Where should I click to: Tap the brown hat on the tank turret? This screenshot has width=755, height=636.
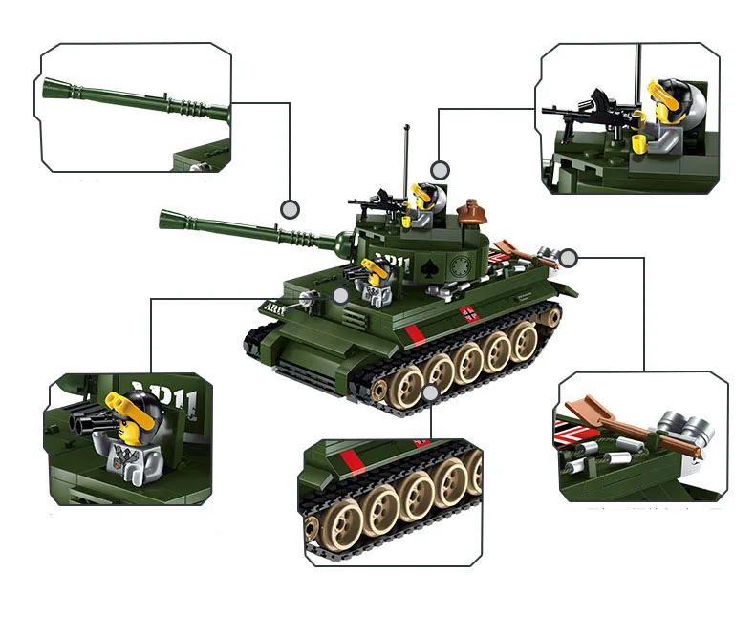tap(470, 210)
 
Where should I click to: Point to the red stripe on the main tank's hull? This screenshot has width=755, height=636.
tap(412, 334)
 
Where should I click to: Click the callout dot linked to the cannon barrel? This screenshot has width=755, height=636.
tap(289, 207)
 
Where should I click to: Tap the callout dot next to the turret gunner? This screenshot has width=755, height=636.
tap(439, 170)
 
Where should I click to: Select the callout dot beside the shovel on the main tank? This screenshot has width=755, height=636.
tap(569, 257)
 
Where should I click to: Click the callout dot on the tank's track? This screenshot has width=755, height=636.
tap(430, 392)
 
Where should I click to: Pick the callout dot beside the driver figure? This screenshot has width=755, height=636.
tap(340, 296)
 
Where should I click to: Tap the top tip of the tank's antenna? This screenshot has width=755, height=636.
tap(407, 125)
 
